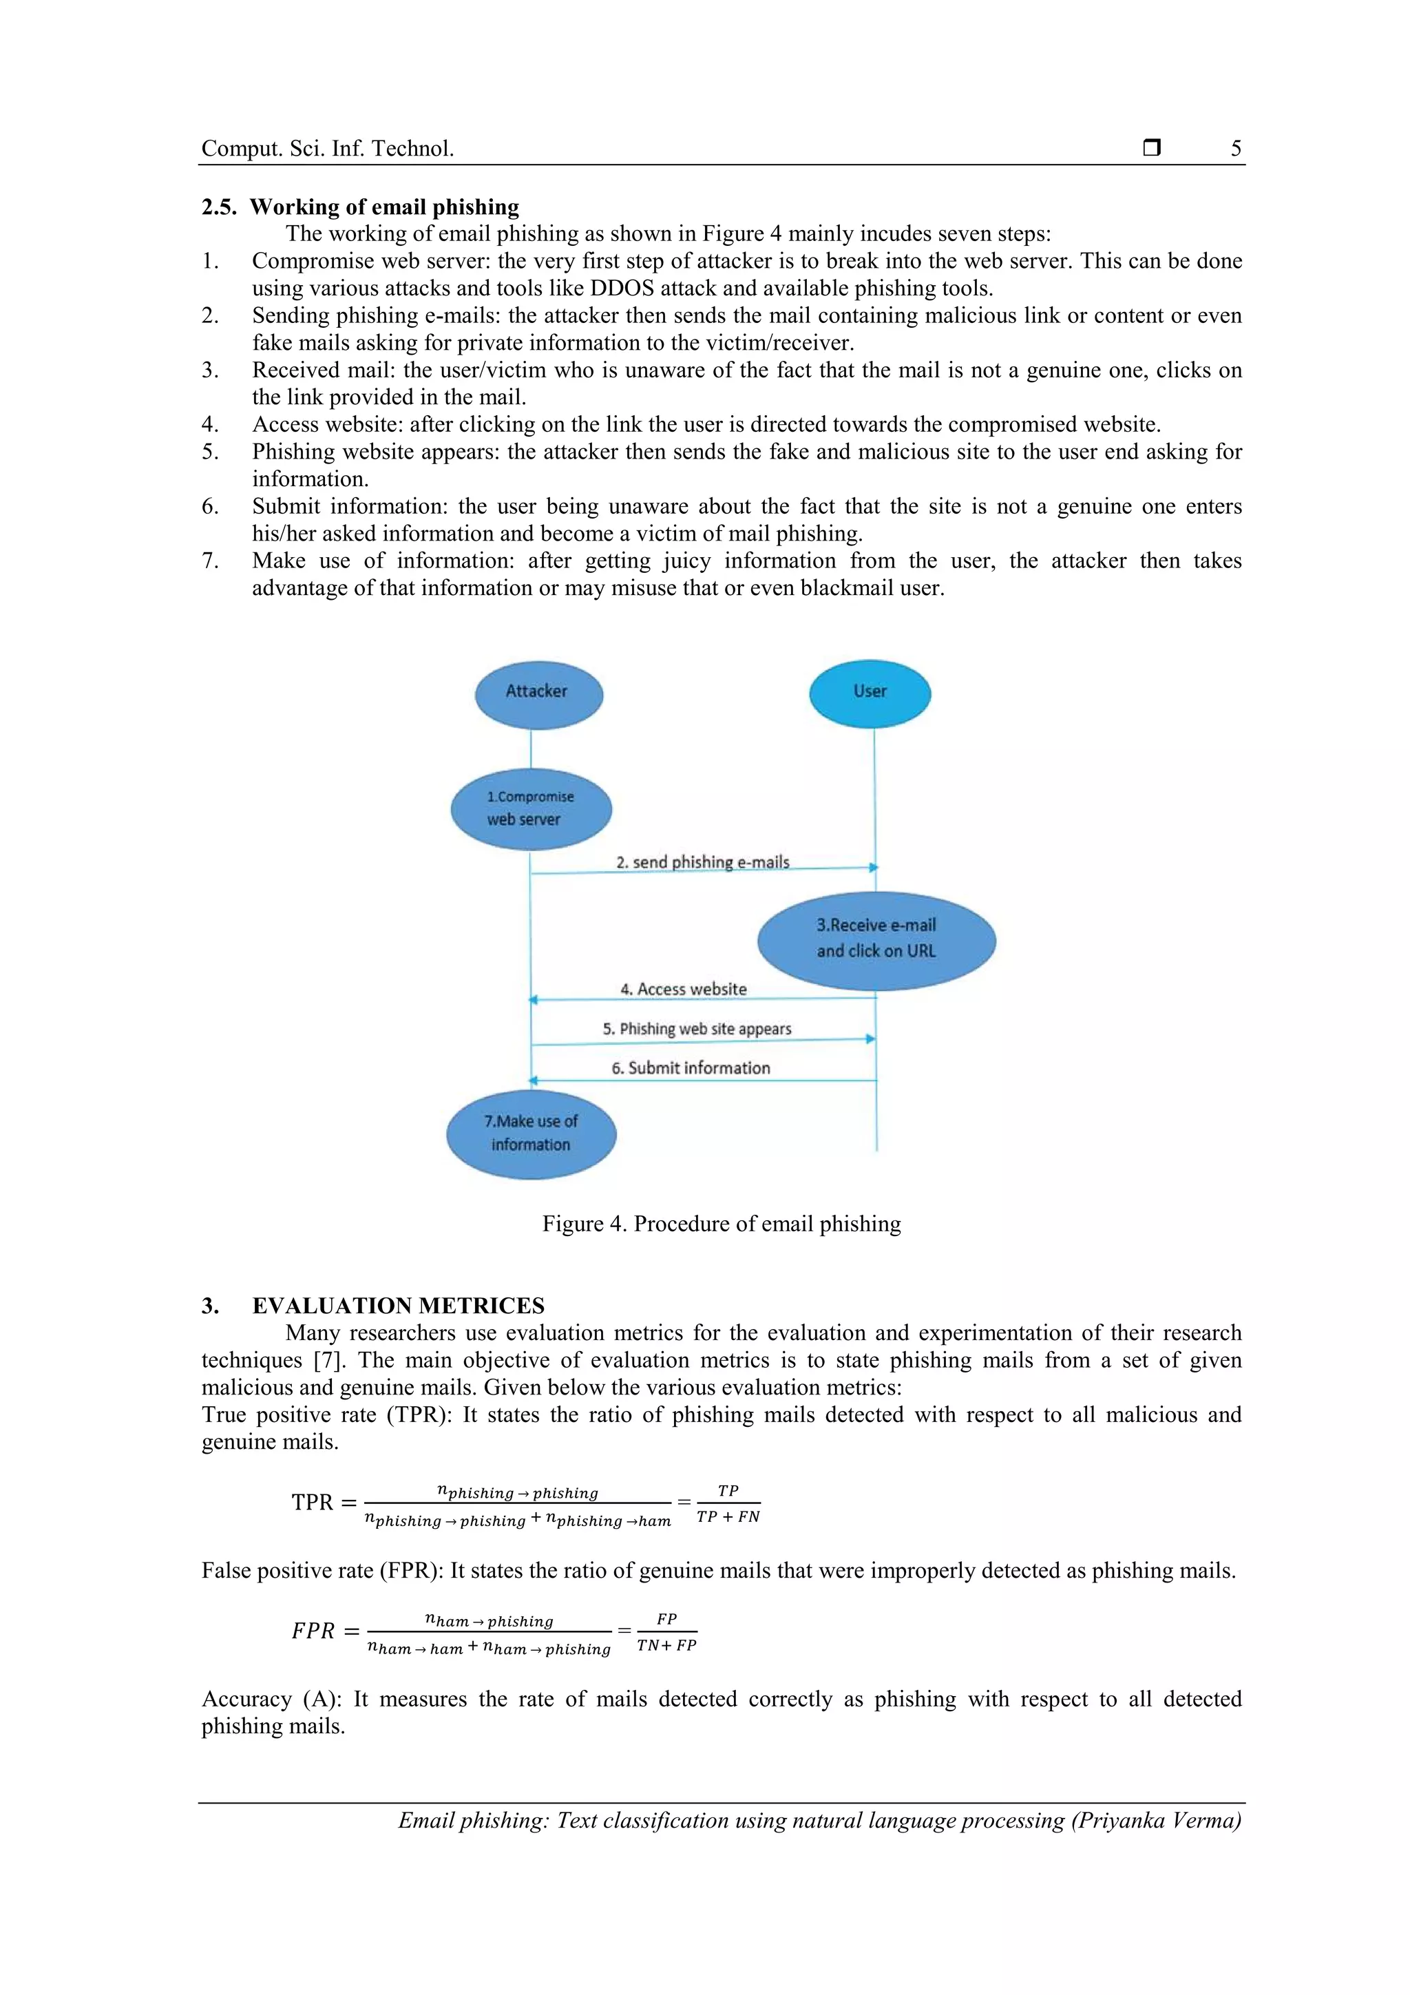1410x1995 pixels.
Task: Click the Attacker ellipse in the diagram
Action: click(538, 693)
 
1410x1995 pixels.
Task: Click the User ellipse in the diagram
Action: click(870, 693)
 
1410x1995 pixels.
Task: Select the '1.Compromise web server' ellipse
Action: click(531, 809)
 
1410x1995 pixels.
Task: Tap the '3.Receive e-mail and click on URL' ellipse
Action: click(876, 939)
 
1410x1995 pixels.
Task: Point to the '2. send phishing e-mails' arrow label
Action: click(702, 862)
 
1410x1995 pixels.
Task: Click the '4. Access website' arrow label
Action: click(683, 989)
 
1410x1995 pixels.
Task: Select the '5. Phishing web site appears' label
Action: click(697, 1029)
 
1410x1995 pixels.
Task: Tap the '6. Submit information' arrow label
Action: click(691, 1068)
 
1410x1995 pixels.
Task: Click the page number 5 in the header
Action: click(1235, 149)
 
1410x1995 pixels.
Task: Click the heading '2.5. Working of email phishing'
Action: click(361, 207)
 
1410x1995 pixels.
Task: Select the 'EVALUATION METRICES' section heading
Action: click(398, 1306)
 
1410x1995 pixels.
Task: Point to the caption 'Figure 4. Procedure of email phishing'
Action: click(721, 1224)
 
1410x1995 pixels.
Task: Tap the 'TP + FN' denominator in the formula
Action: click(728, 1517)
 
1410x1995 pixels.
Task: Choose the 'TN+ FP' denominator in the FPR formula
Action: click(666, 1646)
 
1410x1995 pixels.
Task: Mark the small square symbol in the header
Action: click(1151, 147)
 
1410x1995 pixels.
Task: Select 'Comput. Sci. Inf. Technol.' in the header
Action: click(328, 149)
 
